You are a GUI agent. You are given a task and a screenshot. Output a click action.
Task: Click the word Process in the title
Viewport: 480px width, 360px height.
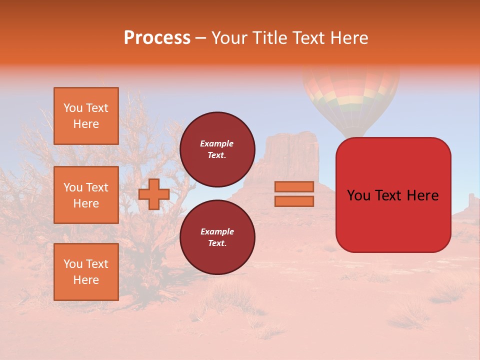[157, 38]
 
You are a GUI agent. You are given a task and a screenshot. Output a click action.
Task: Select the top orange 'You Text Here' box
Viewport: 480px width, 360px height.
[86, 116]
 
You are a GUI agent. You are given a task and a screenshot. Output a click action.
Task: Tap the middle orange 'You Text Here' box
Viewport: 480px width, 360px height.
[86, 195]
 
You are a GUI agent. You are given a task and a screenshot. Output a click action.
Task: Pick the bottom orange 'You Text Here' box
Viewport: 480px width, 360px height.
[86, 271]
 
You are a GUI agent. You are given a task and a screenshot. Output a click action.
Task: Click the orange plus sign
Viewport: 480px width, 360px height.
[154, 194]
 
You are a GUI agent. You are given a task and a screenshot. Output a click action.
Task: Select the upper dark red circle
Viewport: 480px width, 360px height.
[217, 149]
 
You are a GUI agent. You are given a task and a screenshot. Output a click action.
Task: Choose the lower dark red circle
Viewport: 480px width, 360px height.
[217, 237]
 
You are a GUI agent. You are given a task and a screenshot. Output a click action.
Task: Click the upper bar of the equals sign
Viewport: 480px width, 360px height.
[294, 186]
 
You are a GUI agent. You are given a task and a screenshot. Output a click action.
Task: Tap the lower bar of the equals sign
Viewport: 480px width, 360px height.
[294, 201]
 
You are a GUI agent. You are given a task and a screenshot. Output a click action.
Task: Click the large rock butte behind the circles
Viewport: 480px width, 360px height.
[290, 155]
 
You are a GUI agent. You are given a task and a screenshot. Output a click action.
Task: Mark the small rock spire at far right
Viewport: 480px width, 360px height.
[471, 201]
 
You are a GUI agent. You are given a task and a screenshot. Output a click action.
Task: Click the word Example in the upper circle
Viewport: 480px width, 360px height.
[217, 143]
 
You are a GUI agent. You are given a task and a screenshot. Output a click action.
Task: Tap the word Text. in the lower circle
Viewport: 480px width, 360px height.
[217, 243]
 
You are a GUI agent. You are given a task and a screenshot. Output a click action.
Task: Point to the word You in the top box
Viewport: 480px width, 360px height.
[73, 108]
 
